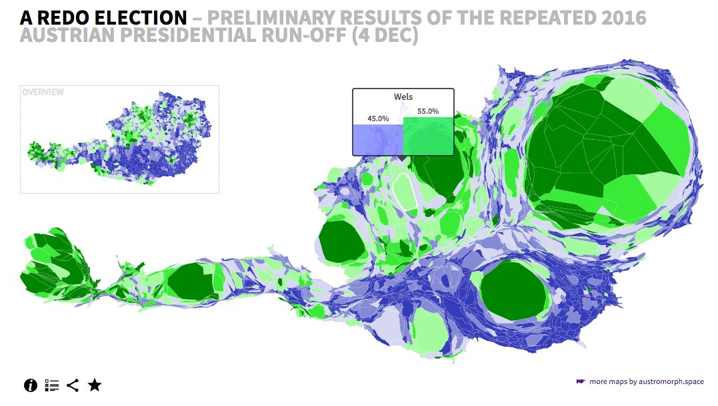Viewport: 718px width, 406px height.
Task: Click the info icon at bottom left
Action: [x=31, y=385]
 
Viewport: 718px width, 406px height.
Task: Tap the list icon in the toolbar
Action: [x=52, y=385]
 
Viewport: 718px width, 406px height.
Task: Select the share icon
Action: [x=73, y=385]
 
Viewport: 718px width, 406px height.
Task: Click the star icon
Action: [x=95, y=385]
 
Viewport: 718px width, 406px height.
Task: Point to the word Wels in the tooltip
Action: [x=403, y=97]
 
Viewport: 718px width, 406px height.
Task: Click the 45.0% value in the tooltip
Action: [x=378, y=118]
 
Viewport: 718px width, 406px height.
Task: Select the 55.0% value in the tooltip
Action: [x=428, y=111]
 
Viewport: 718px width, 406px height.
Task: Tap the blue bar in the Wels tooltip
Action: [x=378, y=140]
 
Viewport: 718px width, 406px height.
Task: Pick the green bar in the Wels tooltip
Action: [x=428, y=136]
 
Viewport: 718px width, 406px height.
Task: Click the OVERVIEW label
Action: [x=43, y=92]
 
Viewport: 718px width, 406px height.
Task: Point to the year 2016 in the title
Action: [x=624, y=18]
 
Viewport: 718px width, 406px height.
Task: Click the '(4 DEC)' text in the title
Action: [x=385, y=36]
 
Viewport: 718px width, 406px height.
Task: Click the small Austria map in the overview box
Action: [x=120, y=138]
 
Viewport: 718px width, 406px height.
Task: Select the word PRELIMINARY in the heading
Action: [x=271, y=18]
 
